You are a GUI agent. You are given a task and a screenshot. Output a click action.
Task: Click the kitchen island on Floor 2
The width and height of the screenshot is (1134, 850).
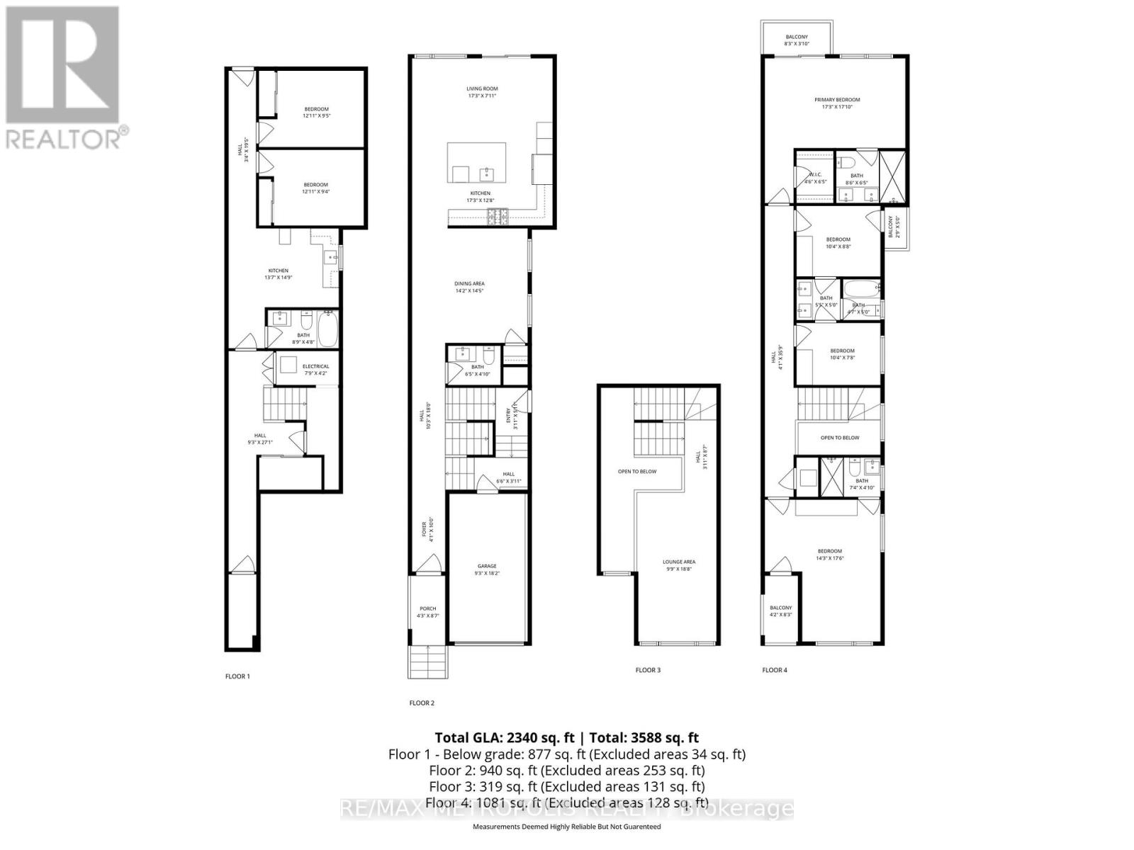click(476, 162)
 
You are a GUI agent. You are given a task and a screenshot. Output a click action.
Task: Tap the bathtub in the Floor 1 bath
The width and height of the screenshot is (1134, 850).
click(328, 328)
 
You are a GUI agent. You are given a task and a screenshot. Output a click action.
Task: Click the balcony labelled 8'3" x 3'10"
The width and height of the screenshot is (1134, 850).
click(797, 40)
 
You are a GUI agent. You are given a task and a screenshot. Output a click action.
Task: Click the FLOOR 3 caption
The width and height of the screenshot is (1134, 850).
click(648, 670)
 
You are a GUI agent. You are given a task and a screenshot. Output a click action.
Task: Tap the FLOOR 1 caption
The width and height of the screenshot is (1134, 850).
click(237, 676)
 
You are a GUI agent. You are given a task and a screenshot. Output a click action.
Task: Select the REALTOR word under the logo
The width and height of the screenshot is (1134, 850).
click(64, 137)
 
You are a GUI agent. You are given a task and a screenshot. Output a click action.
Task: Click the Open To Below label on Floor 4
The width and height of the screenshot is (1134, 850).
click(840, 438)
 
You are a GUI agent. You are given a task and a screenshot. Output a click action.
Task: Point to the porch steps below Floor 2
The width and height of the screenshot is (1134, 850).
click(429, 662)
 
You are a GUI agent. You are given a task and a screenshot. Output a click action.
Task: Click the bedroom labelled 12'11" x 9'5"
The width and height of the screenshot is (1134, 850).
click(317, 112)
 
